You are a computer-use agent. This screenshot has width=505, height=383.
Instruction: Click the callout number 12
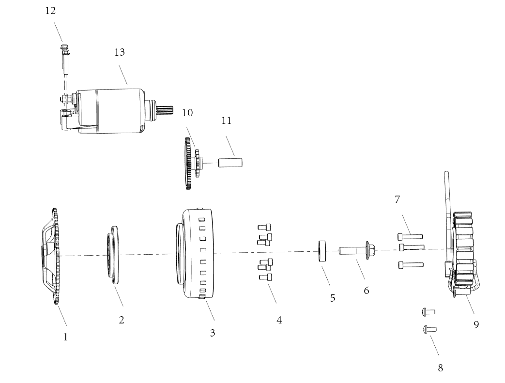point(50,11)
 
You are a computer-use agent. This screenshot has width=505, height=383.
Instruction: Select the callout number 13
point(120,52)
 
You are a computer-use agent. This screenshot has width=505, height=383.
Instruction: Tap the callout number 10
point(187,113)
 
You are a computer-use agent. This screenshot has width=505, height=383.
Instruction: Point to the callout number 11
point(227,121)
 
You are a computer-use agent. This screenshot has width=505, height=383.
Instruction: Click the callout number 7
point(398,199)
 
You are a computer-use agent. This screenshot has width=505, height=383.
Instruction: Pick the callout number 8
point(440,368)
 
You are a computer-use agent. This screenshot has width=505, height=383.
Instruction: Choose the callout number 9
point(476,325)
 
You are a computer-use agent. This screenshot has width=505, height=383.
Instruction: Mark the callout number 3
point(213,333)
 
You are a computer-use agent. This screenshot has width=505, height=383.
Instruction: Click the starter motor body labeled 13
point(109,111)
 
